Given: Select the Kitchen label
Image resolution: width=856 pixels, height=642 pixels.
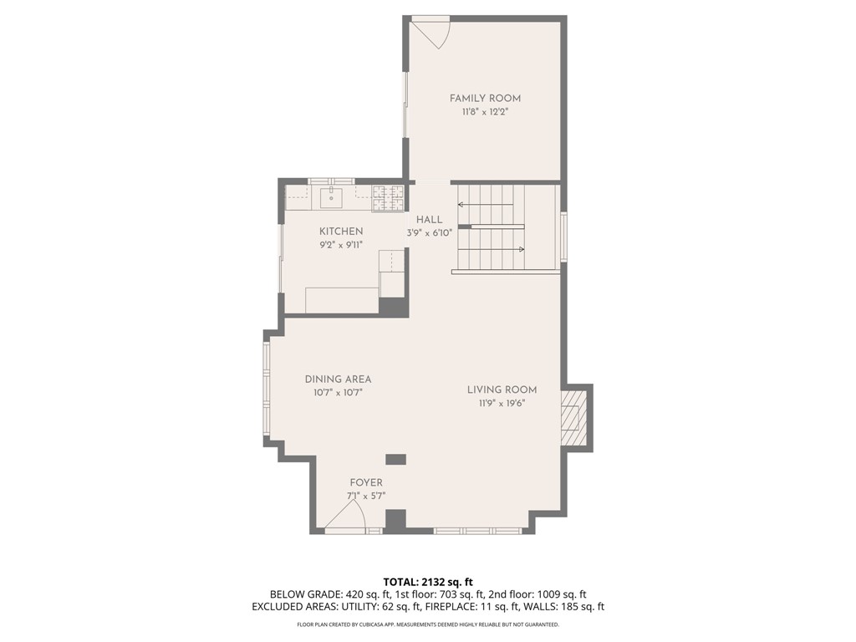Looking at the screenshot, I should [x=341, y=232].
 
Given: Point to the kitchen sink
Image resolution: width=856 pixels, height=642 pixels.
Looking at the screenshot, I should [x=331, y=198].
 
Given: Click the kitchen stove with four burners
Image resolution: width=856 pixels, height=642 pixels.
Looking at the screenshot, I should [x=388, y=198].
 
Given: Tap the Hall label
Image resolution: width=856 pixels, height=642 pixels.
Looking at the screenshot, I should [x=429, y=220].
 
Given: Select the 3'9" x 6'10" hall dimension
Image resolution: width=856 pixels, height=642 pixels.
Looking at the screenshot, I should [x=429, y=234].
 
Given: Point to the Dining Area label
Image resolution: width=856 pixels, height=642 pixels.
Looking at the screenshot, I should [x=338, y=379].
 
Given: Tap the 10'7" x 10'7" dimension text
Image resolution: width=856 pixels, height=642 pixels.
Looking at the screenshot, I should [x=338, y=392].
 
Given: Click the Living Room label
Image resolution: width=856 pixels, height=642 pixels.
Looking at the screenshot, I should [x=502, y=390].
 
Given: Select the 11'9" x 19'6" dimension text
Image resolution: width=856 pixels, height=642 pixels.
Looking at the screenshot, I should [x=502, y=403].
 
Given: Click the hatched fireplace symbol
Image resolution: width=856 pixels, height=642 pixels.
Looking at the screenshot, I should [x=574, y=418].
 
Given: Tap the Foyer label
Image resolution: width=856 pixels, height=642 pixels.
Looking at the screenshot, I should [x=366, y=482].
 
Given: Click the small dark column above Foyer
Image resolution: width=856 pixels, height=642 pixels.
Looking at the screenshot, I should [x=395, y=459].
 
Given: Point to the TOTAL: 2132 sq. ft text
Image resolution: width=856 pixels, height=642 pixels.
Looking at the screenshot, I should [x=428, y=582].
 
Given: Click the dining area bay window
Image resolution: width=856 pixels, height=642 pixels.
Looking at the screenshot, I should [x=267, y=390].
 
